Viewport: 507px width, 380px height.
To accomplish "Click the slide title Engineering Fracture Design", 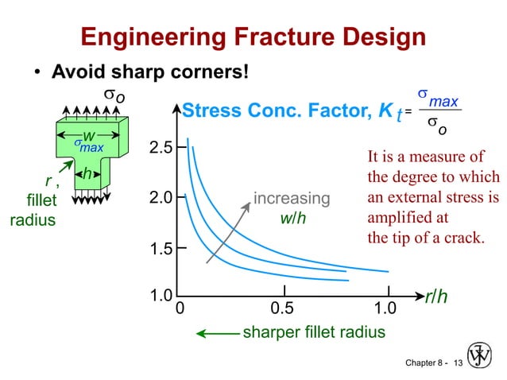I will pos(253,37).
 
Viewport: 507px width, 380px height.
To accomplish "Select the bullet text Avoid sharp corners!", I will pos(150,72).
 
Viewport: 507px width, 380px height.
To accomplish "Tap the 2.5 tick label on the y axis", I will pos(162,148).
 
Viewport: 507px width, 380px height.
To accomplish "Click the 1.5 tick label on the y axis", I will pos(162,250).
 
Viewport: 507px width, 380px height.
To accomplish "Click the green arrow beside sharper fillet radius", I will pos(218,332).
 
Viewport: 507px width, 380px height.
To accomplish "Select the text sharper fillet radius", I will pos(314,332).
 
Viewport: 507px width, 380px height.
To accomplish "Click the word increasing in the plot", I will pos(291,198).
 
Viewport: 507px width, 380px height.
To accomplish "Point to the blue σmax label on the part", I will pos(89,146).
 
